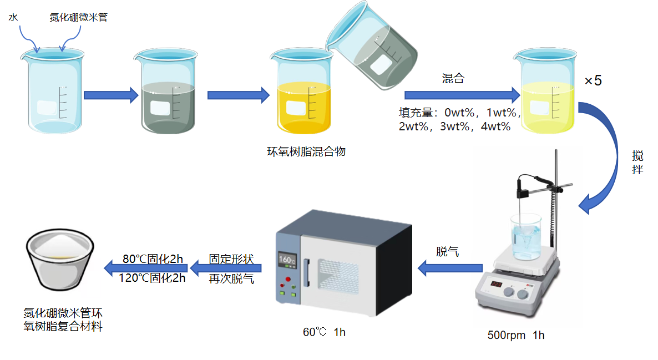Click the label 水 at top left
click(13, 18)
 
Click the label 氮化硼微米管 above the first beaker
click(78, 18)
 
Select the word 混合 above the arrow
click(453, 79)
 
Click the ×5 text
click(593, 80)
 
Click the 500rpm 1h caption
click(516, 335)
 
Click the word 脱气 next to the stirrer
click(447, 252)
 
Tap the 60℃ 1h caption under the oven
click(324, 332)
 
